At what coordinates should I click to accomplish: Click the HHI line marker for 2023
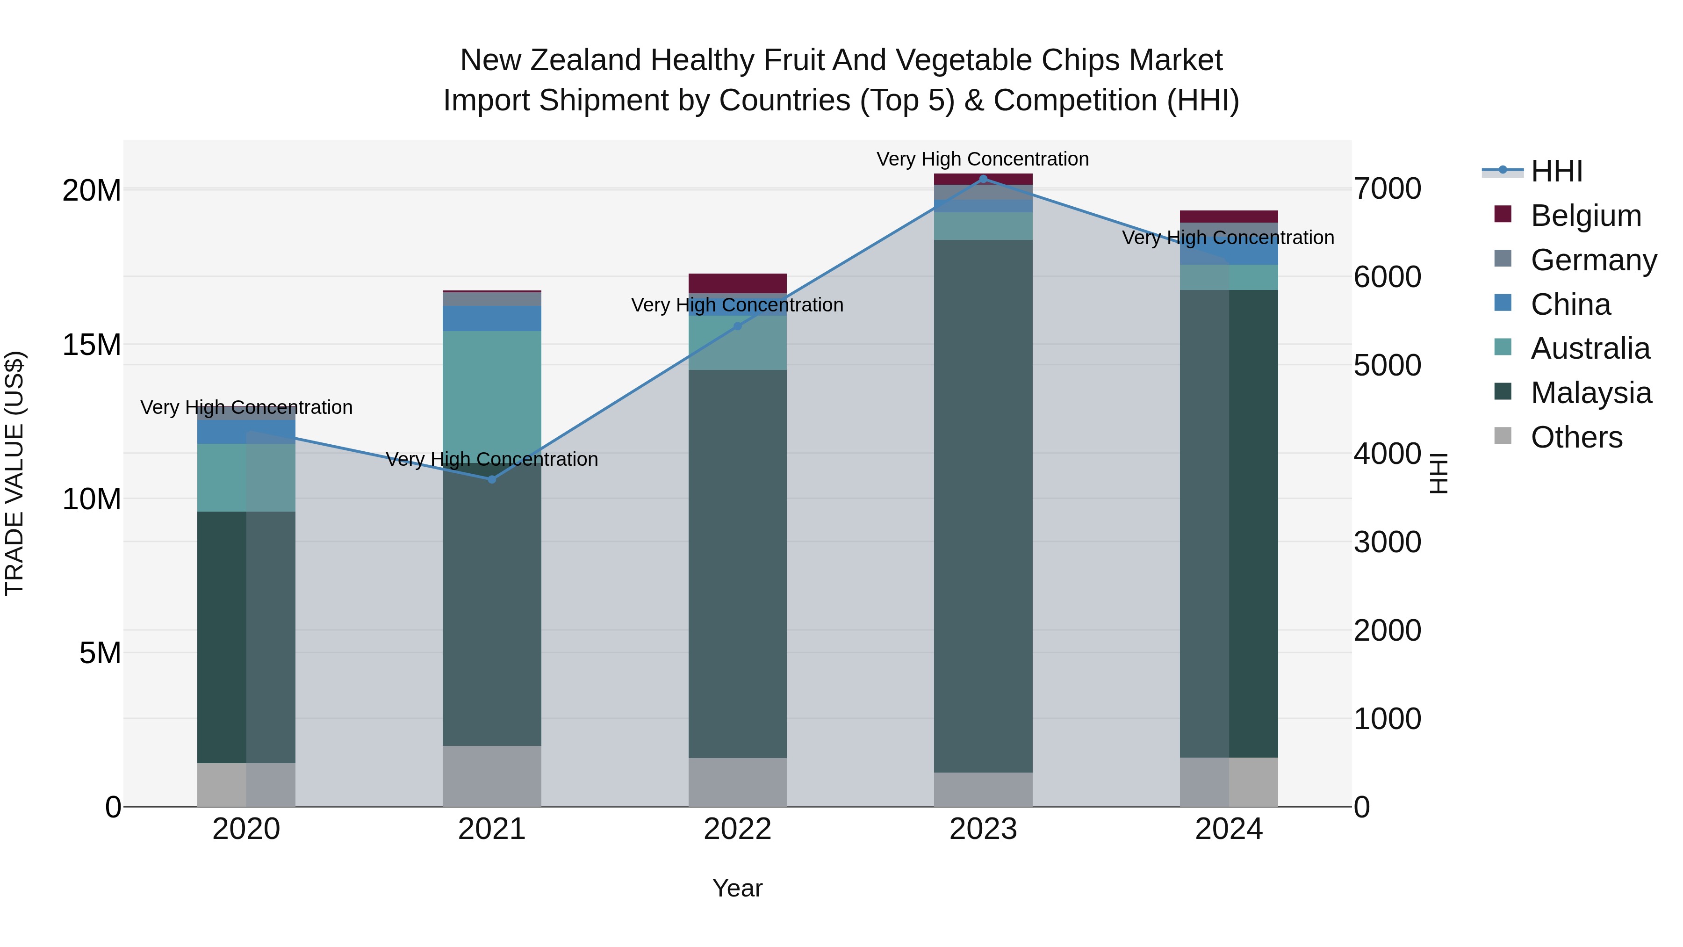pyautogui.click(x=983, y=179)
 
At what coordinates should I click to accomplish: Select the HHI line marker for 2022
pyautogui.click(x=738, y=326)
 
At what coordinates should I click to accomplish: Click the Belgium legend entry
pyautogui.click(x=1586, y=216)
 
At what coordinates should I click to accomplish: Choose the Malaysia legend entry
pyautogui.click(x=1591, y=393)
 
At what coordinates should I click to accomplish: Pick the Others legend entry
pyautogui.click(x=1576, y=437)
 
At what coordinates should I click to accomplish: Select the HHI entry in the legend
pyautogui.click(x=1556, y=171)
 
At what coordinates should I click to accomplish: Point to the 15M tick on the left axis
pyautogui.click(x=92, y=344)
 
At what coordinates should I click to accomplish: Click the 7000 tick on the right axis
pyautogui.click(x=1387, y=189)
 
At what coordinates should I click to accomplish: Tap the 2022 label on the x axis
pyautogui.click(x=738, y=829)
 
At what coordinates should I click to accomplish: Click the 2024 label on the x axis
pyautogui.click(x=1229, y=829)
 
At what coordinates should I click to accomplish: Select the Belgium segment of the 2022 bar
pyautogui.click(x=738, y=283)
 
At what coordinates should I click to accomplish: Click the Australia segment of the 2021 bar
pyautogui.click(x=492, y=392)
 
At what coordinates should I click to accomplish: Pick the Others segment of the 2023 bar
pyautogui.click(x=983, y=789)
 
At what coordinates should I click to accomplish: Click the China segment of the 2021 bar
pyautogui.click(x=492, y=318)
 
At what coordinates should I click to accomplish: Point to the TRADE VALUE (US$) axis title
pyautogui.click(x=14, y=473)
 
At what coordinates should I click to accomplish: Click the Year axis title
pyautogui.click(x=738, y=888)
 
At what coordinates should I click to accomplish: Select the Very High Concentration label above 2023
pyautogui.click(x=983, y=159)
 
